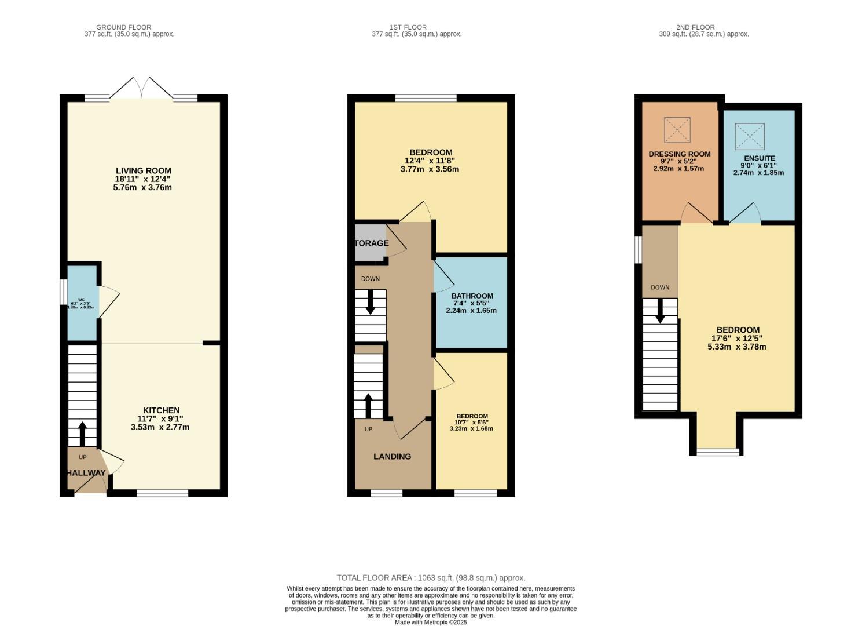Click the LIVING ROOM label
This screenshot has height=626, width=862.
[144, 171]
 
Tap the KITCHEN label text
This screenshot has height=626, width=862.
[161, 410]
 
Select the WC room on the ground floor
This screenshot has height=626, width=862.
[82, 303]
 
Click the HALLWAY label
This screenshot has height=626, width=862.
[86, 473]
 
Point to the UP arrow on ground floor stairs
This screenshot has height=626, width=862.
[82, 432]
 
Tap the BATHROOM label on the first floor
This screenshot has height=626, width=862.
[472, 296]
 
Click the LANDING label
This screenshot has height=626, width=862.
[392, 457]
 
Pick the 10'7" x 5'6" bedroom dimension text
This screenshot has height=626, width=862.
[472, 423]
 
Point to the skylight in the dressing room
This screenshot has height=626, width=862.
[677, 130]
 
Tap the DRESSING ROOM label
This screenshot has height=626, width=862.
[679, 154]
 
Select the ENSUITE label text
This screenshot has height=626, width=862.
[759, 158]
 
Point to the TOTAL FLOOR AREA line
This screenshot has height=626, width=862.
[431, 578]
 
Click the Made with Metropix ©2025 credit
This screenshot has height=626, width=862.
[431, 622]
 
